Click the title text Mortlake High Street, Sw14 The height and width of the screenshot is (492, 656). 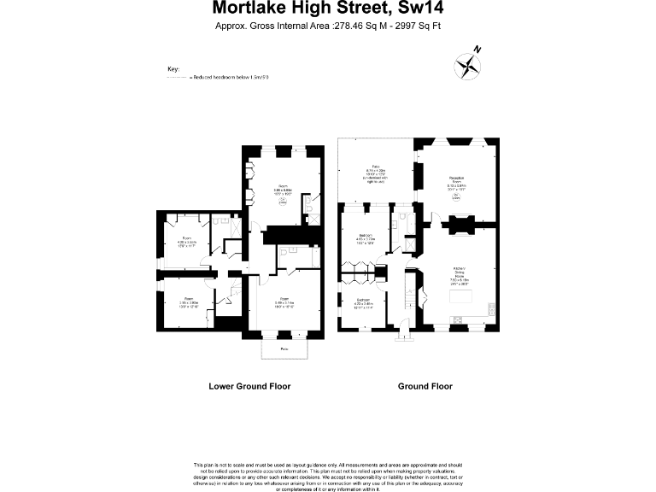[328, 9]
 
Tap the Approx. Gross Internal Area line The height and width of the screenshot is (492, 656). [328, 26]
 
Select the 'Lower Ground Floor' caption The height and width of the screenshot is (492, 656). [249, 386]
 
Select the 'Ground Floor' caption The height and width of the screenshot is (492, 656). [425, 386]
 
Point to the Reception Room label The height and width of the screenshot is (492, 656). [457, 181]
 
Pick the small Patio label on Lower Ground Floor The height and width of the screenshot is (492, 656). [283, 349]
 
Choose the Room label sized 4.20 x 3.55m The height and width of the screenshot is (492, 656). [187, 242]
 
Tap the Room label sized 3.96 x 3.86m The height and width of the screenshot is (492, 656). [188, 302]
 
